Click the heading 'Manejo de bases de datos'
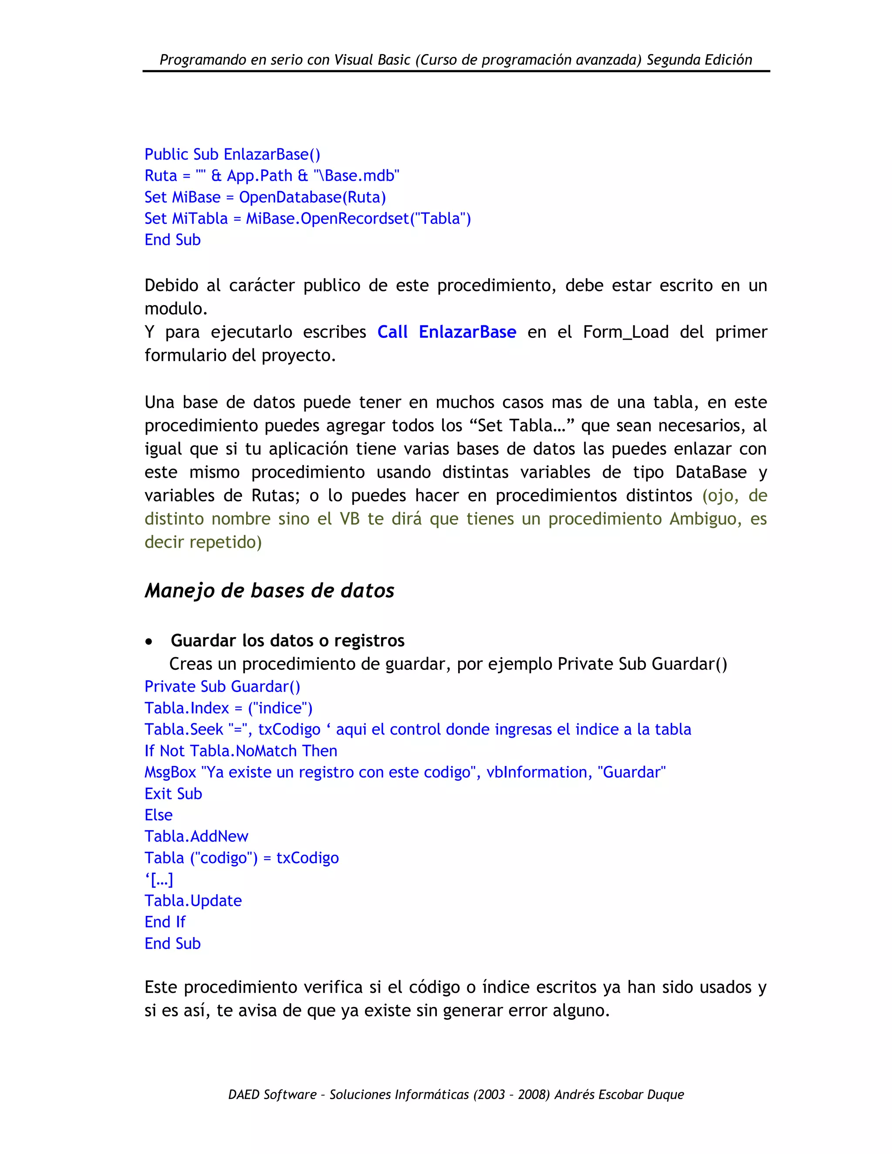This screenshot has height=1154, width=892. coord(270,590)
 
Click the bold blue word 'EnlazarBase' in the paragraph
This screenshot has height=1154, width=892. coord(467,332)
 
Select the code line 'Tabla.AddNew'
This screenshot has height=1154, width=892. coord(196,837)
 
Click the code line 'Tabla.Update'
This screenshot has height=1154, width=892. coord(193,901)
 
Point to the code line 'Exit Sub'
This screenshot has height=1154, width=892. coord(173,793)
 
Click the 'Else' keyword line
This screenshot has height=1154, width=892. coord(159,815)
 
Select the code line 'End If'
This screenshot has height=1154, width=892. coord(165,922)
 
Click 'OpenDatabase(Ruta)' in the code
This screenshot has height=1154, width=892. coord(312,198)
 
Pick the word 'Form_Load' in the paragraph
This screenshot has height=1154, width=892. coord(626,332)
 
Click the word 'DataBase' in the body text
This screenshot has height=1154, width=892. coord(711,472)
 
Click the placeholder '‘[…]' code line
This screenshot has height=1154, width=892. coord(159,879)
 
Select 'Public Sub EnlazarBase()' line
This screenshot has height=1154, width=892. coord(232,154)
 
